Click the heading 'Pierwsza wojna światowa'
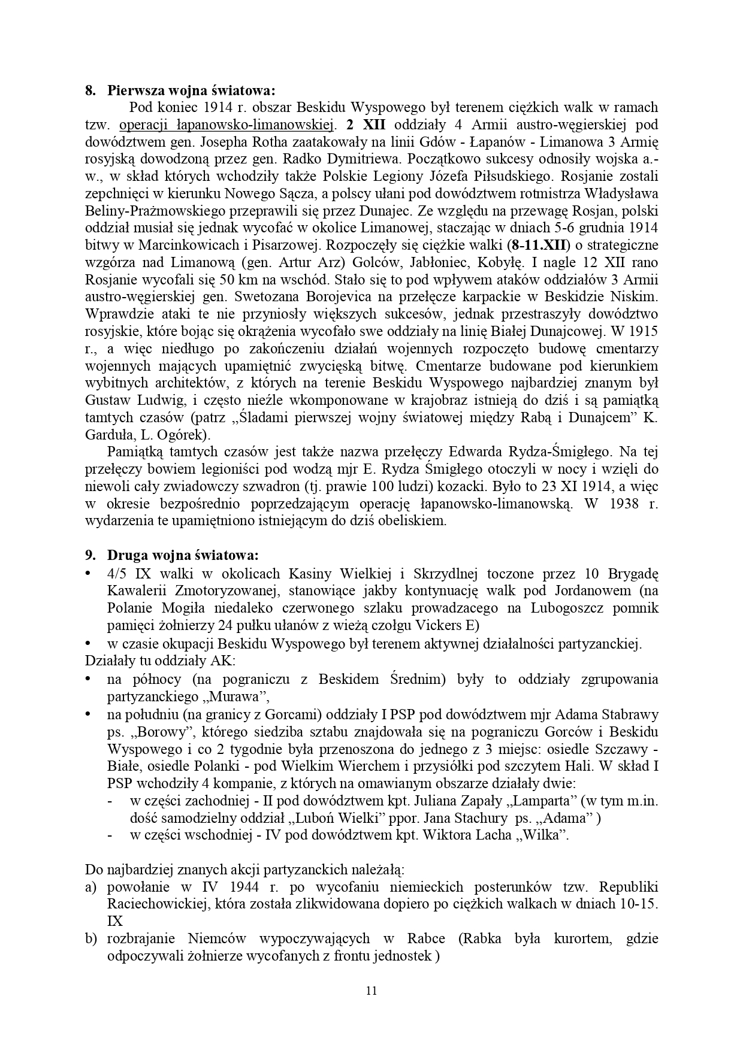[x=191, y=91]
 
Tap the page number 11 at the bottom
[x=371, y=990]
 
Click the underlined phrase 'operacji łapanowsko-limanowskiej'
[x=226, y=126]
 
